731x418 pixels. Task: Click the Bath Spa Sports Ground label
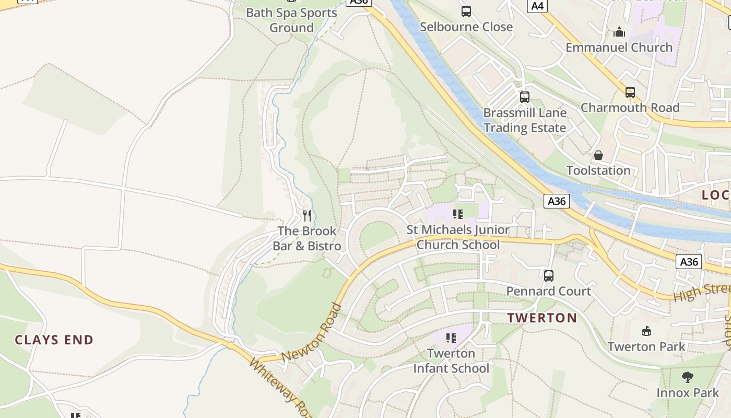click(x=291, y=20)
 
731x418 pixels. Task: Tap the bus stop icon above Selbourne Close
click(x=466, y=11)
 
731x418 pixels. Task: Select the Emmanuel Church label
click(x=619, y=48)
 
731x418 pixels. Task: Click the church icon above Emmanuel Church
click(x=619, y=32)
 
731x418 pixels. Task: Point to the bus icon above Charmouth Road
click(x=630, y=92)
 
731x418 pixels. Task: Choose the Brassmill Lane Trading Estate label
click(x=524, y=121)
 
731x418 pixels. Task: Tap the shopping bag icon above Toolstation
click(x=598, y=155)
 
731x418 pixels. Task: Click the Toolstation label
click(x=598, y=170)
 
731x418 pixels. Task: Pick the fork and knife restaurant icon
click(x=307, y=215)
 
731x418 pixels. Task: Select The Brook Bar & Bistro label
click(x=307, y=238)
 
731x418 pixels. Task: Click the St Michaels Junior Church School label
click(x=458, y=237)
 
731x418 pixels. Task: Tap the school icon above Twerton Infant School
click(x=452, y=338)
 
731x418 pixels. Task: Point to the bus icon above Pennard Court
click(x=548, y=276)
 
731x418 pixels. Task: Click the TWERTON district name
click(x=542, y=318)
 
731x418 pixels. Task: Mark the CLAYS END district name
click(x=54, y=340)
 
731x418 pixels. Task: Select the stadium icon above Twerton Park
click(x=646, y=331)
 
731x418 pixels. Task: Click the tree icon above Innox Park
click(x=688, y=377)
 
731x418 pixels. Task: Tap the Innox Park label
click(x=688, y=392)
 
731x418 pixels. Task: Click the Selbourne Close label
click(x=466, y=27)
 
